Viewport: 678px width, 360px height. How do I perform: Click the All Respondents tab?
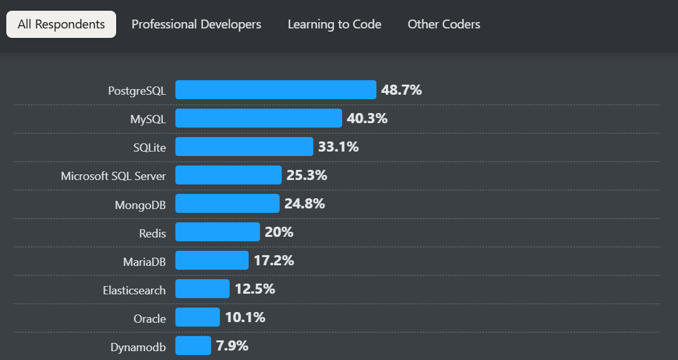(x=61, y=25)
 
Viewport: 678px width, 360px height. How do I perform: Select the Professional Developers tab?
(x=196, y=25)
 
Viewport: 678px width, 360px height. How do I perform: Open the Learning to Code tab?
(x=335, y=25)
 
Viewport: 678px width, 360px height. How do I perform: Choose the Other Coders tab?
(x=444, y=25)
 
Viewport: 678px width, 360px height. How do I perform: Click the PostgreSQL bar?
(x=276, y=90)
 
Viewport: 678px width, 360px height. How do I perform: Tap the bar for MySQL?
(x=259, y=118)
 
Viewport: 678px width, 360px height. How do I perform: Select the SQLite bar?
(x=244, y=147)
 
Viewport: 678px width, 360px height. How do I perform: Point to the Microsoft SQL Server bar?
(x=229, y=175)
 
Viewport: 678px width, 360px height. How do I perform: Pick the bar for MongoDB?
(x=227, y=203)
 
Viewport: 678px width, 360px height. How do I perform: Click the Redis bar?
(x=218, y=232)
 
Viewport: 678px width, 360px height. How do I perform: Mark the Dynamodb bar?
(x=193, y=345)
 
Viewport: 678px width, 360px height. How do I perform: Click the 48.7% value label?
(x=401, y=90)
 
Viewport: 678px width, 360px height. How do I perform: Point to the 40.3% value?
(x=367, y=118)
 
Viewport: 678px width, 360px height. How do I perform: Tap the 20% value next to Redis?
(x=279, y=232)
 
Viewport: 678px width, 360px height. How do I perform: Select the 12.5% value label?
(x=255, y=289)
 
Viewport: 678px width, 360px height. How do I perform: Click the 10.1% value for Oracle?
(x=245, y=317)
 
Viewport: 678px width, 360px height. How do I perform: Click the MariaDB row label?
(x=145, y=261)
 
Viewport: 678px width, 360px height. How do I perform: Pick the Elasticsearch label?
(x=134, y=291)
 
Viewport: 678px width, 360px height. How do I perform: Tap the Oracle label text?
(x=150, y=319)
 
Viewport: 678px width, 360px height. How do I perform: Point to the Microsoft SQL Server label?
(x=114, y=176)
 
